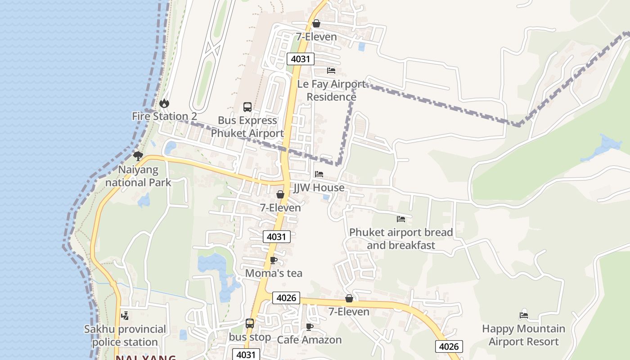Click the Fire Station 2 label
tap(164, 116)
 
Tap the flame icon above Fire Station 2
tap(164, 103)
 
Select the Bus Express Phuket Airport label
tap(247, 127)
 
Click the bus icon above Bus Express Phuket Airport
tap(247, 107)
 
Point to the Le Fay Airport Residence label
tap(332, 90)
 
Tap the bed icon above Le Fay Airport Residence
tap(331, 71)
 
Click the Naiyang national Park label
tap(138, 176)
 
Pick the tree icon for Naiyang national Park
tap(138, 156)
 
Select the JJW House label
tap(319, 188)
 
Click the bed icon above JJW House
tap(319, 174)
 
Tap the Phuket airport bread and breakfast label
tap(401, 239)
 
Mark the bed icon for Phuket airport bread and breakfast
tap(401, 219)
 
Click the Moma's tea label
tap(274, 273)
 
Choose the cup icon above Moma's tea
tap(273, 260)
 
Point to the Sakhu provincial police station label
tap(125, 335)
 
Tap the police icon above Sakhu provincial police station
tap(125, 316)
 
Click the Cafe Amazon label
tap(309, 340)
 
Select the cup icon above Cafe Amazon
tap(309, 327)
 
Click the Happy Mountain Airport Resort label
tap(523, 335)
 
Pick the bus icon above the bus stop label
tap(250, 324)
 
